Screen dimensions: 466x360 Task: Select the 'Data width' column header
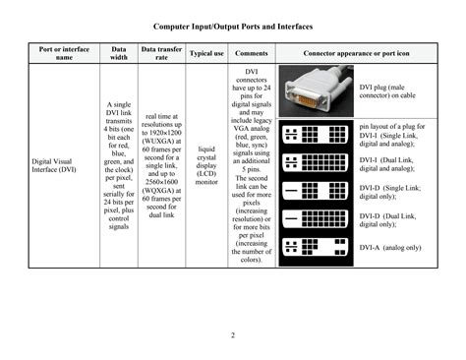pyautogui.click(x=119, y=53)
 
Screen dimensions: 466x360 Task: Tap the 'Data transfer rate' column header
pyautogui.click(x=161, y=53)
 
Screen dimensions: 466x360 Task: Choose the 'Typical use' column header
pyautogui.click(x=206, y=53)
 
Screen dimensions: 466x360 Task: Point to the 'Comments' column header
pyautogui.click(x=252, y=53)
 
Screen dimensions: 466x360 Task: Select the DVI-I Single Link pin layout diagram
pyautogui.click(x=317, y=133)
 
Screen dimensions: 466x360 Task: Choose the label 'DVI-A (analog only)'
pyautogui.click(x=390, y=247)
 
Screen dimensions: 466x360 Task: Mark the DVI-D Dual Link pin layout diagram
pyautogui.click(x=317, y=220)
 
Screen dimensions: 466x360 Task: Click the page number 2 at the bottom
pyautogui.click(x=233, y=336)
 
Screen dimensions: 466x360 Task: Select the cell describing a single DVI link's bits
pyautogui.click(x=119, y=165)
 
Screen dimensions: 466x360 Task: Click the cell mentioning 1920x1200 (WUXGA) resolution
pyautogui.click(x=161, y=165)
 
